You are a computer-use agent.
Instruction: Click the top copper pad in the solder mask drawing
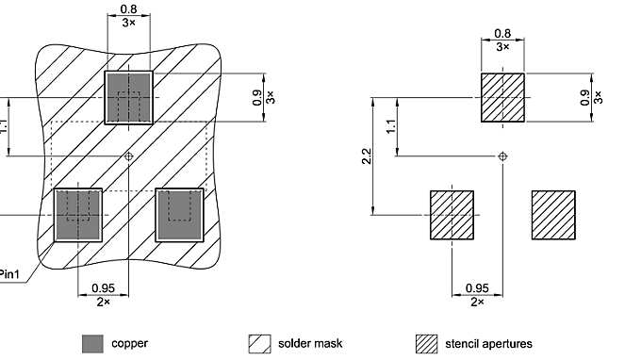(129, 96)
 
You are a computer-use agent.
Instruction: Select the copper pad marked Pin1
(78, 214)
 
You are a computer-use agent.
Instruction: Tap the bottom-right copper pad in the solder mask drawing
(179, 214)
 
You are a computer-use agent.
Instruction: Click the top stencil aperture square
(503, 98)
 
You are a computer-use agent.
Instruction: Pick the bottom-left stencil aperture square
(452, 214)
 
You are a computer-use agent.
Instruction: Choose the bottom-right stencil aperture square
(553, 214)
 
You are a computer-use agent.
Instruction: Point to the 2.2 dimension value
(367, 155)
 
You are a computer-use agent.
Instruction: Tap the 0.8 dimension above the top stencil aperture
(503, 34)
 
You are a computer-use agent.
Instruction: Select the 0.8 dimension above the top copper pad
(129, 9)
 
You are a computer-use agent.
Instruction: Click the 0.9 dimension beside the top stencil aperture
(585, 97)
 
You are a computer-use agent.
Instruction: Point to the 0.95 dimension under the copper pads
(104, 288)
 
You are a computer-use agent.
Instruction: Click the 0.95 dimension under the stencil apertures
(478, 288)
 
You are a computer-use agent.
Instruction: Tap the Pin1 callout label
(11, 269)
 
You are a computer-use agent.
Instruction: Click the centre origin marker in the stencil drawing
(503, 155)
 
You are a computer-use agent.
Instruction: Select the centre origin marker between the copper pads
(129, 155)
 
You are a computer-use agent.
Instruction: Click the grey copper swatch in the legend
(92, 344)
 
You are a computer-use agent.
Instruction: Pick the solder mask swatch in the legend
(258, 344)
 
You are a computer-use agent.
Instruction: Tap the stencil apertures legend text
(488, 344)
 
